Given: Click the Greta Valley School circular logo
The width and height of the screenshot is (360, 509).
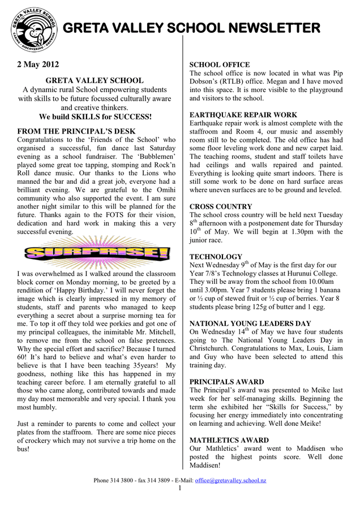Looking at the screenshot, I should tap(33, 28).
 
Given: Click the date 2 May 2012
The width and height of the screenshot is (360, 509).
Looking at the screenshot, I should tap(37, 64).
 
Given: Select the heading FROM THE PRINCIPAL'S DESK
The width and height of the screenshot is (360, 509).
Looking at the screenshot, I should tap(76, 131).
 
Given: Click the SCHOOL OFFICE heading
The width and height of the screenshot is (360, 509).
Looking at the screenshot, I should tap(219, 65).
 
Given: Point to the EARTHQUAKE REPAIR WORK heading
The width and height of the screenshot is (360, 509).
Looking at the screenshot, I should tap(243, 115).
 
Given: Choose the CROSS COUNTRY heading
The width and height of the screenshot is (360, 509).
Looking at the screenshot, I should tap(221, 207).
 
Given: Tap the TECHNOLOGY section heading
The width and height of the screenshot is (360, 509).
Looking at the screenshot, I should tap(216, 257).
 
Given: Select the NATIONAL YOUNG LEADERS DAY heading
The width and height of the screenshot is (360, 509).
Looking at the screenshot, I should tap(250, 323).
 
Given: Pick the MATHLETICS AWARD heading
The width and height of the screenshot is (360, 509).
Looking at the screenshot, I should tap(229, 440).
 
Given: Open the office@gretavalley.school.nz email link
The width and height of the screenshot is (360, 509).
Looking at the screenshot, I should tap(230, 481).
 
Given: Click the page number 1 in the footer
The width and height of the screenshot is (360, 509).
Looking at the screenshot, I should tap(180, 488).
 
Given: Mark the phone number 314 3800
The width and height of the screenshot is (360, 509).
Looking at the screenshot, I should tap(122, 481).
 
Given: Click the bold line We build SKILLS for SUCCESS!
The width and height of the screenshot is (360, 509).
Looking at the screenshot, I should tap(95, 117).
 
